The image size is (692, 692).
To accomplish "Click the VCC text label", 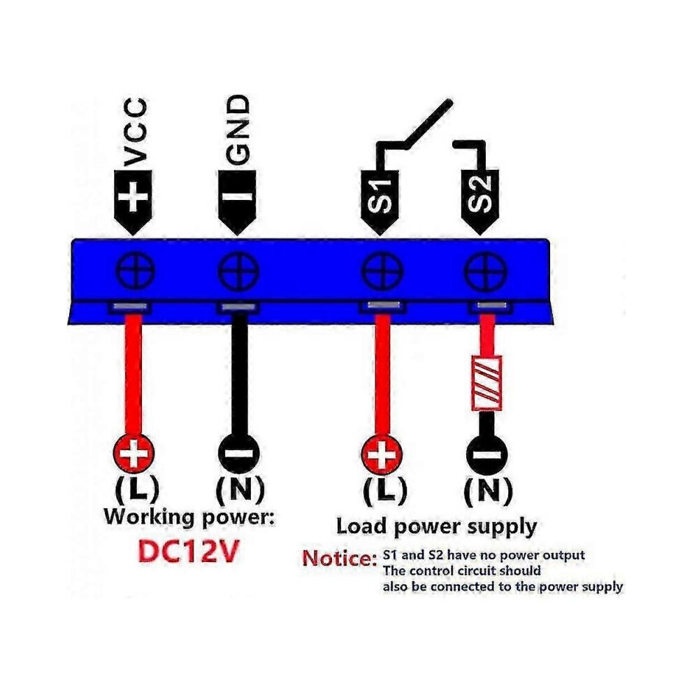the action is [x=135, y=131].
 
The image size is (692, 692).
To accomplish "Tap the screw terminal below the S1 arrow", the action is [x=382, y=271].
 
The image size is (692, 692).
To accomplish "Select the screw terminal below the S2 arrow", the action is [x=486, y=271].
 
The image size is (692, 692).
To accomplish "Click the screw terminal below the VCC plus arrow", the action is [x=135, y=271].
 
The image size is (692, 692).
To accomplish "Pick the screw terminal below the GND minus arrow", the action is [x=239, y=271].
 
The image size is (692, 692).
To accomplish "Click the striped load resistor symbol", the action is [x=486, y=382].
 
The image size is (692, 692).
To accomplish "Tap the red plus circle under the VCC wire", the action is [x=134, y=453].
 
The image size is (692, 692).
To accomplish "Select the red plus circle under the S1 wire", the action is [x=382, y=454].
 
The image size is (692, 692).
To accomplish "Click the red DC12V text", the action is [x=189, y=552].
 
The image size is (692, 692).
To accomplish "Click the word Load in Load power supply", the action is [x=361, y=526].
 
